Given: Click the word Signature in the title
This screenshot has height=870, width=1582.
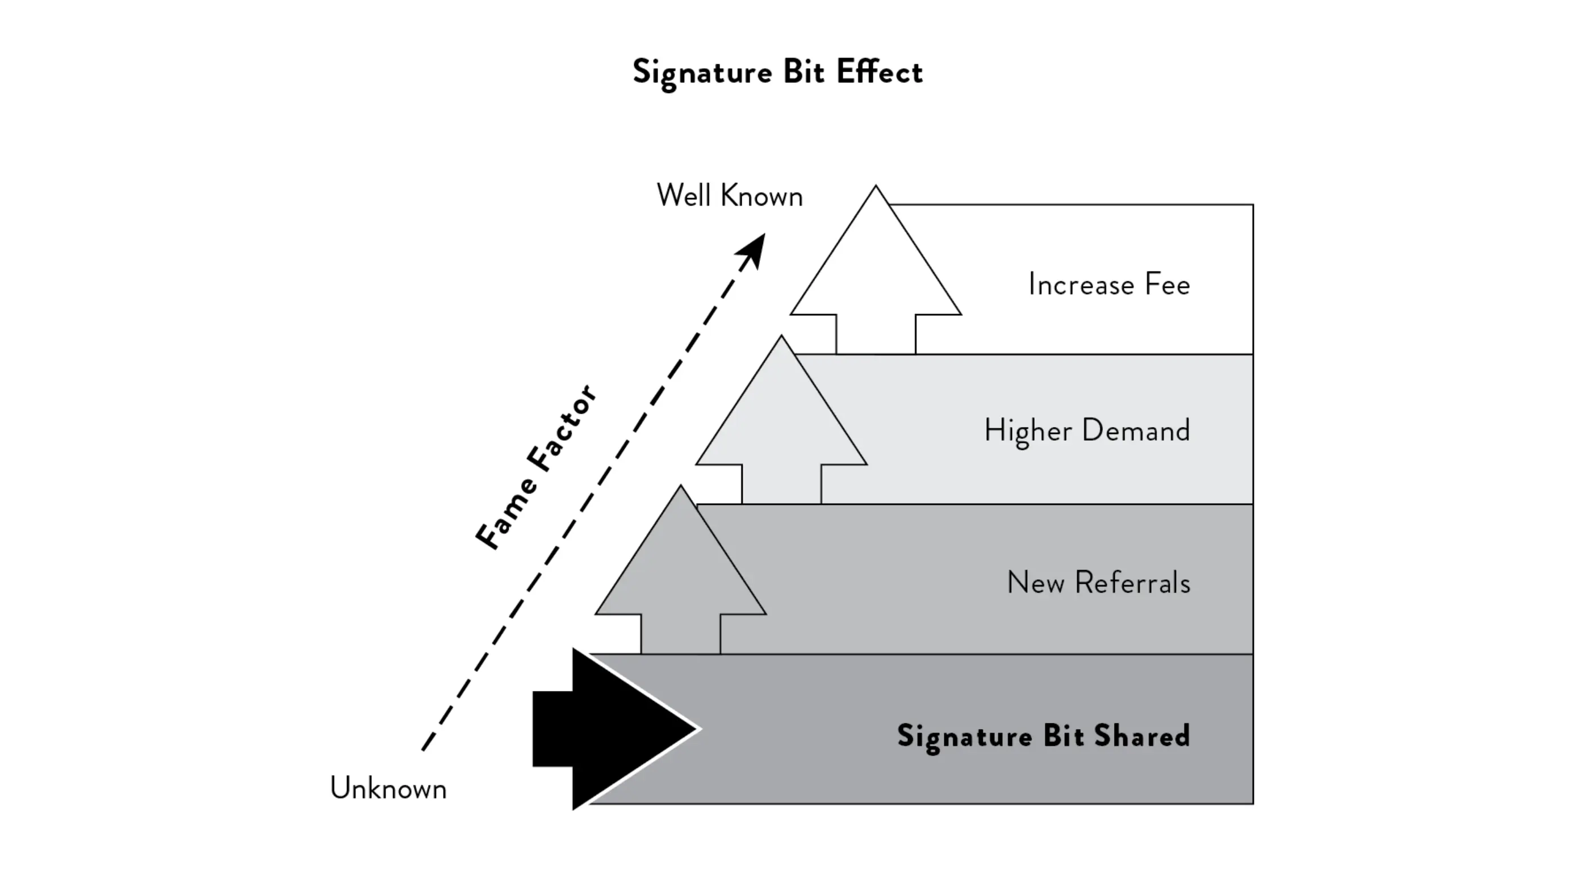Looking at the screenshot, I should (702, 73).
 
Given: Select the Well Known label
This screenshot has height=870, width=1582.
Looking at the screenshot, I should (730, 196).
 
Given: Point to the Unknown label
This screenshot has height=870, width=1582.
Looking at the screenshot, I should (388, 788).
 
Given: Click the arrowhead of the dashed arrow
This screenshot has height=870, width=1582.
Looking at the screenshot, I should (753, 250).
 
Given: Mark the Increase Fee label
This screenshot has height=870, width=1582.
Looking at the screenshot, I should (1109, 285).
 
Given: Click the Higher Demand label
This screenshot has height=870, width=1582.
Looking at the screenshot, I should (1087, 430).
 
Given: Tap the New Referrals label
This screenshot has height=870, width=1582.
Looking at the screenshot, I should (1099, 582).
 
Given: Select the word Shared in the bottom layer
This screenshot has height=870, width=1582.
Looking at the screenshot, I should (1142, 735).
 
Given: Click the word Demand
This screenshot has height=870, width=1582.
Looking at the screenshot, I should (1136, 430).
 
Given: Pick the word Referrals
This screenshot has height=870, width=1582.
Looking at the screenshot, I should (1132, 582).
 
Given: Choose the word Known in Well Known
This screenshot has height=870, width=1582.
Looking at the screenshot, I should (761, 196).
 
